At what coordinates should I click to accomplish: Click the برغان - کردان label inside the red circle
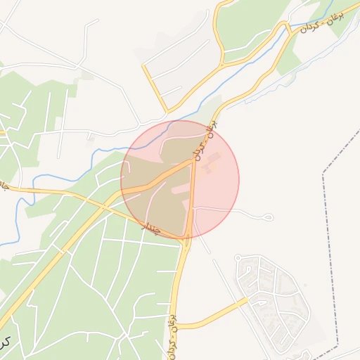(x=205, y=143)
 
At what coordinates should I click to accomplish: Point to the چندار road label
(x=153, y=228)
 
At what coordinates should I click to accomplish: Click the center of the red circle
(x=180, y=179)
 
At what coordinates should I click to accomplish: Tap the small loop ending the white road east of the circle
(x=269, y=218)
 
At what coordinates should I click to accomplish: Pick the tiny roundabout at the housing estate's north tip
(x=238, y=259)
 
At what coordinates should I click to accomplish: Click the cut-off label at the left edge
(x=3, y=185)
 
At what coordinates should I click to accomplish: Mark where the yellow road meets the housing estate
(x=247, y=300)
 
